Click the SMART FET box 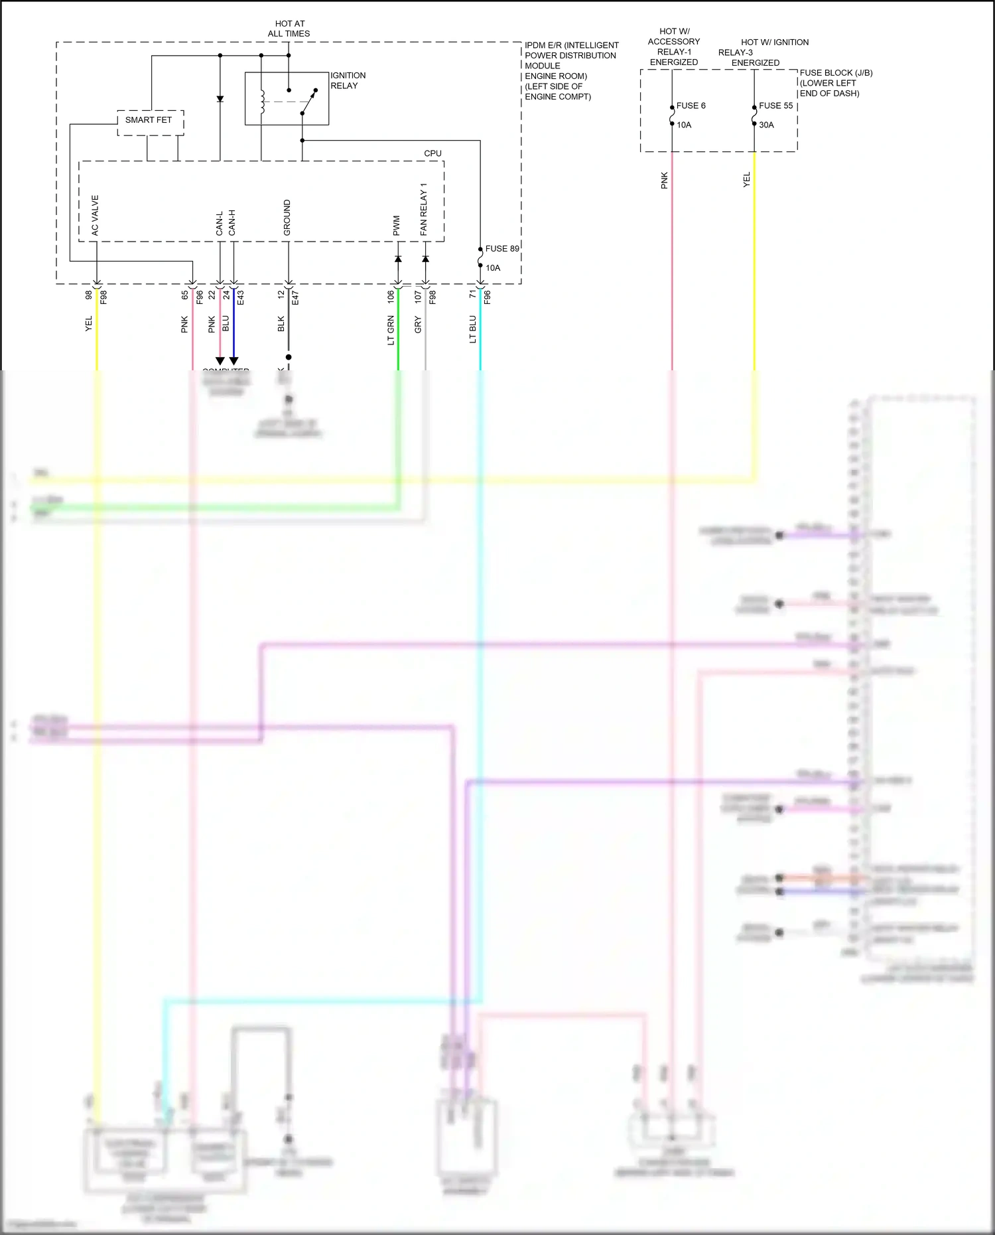tap(149, 121)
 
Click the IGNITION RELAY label tap(348, 80)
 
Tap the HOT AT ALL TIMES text tap(289, 29)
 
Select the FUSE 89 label tap(501, 249)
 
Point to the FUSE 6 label tap(691, 106)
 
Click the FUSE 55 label tap(775, 106)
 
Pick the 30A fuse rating tap(766, 125)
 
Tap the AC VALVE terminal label tap(95, 215)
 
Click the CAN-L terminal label tap(220, 223)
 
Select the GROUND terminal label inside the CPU tap(287, 218)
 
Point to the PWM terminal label tap(397, 226)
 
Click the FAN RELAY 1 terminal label tap(423, 210)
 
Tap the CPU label tap(432, 153)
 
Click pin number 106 tap(391, 296)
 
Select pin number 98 tap(89, 295)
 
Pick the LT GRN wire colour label tap(391, 330)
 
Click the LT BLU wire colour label tap(473, 329)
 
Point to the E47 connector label tap(295, 298)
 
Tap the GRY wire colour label tap(418, 325)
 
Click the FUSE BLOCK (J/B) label tap(836, 73)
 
